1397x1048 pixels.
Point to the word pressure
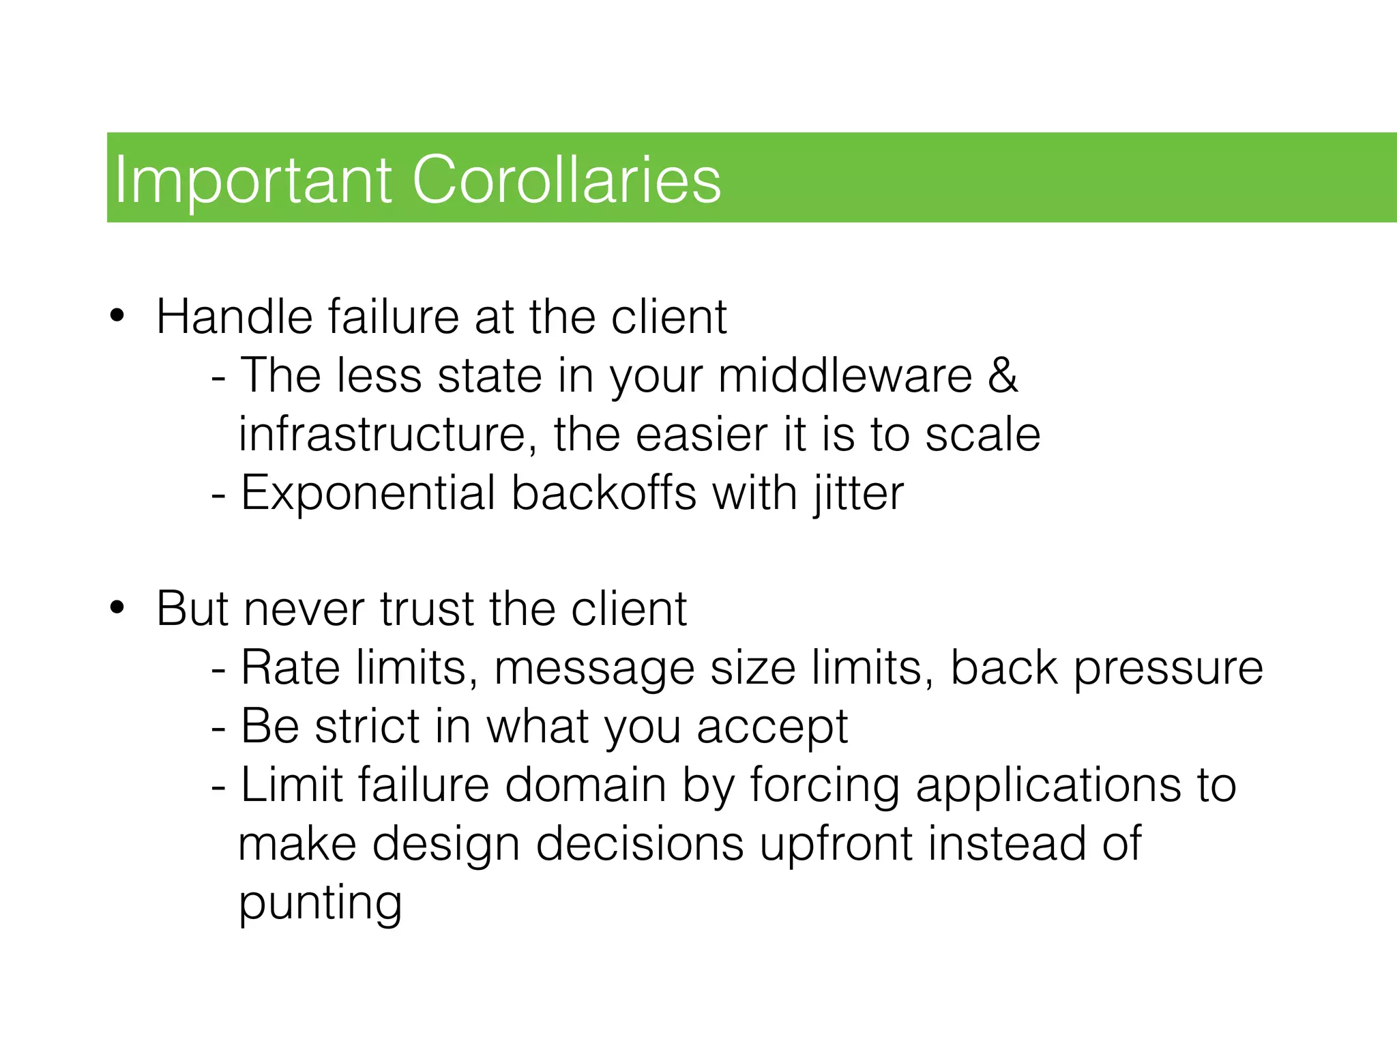click(x=1168, y=668)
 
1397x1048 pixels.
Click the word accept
click(x=772, y=727)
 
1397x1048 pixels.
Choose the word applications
click(x=1047, y=785)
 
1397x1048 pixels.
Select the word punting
click(x=320, y=903)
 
